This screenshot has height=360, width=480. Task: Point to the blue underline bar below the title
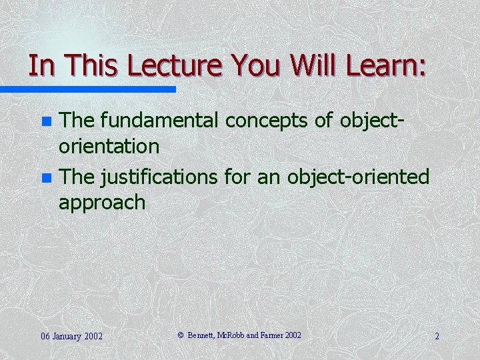point(87,89)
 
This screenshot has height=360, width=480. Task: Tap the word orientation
point(109,147)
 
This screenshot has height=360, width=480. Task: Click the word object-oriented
point(359,178)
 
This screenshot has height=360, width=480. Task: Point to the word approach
point(102,203)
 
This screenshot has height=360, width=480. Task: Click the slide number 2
point(437,336)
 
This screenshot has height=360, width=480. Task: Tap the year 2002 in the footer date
point(92,336)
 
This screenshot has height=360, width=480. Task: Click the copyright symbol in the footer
point(180,335)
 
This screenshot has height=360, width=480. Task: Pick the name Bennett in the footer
point(203,335)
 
